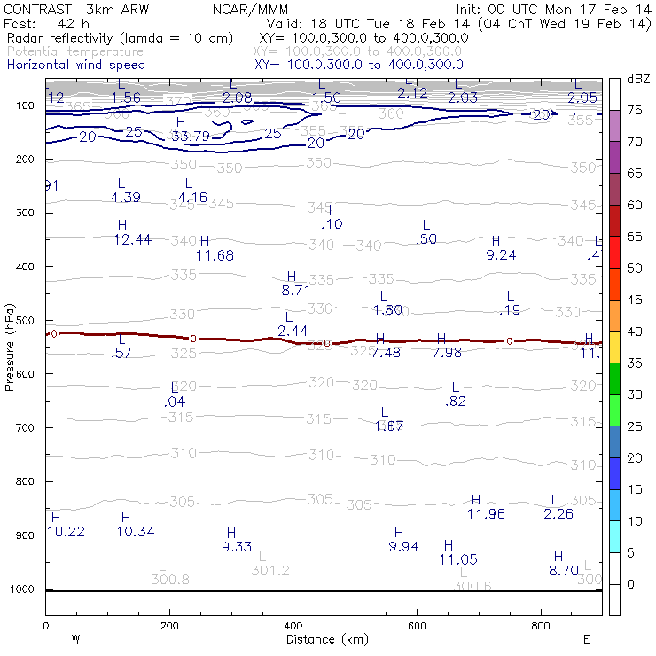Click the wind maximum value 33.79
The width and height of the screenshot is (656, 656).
point(191,137)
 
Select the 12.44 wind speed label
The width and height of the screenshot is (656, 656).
point(132,239)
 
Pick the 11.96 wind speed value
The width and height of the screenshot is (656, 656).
point(486,513)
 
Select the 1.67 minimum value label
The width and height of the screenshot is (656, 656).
point(389,426)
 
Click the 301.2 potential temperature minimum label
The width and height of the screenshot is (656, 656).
point(270,570)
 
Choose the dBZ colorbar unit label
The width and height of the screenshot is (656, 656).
point(637,80)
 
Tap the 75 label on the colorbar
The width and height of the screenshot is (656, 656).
point(635,111)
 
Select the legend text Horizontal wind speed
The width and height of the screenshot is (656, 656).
point(76,65)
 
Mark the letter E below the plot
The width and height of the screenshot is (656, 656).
point(586,638)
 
